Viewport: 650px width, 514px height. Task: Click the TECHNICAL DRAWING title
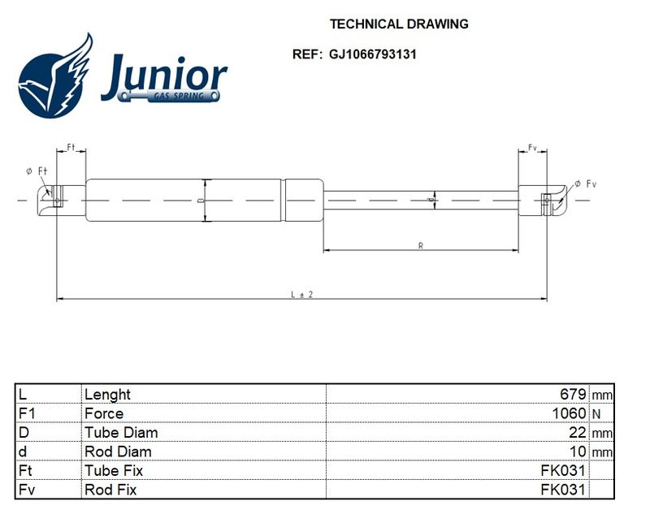point(399,24)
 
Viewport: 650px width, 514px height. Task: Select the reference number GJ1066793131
point(373,54)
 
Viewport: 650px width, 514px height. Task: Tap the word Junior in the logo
point(164,76)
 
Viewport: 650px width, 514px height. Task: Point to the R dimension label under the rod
point(421,245)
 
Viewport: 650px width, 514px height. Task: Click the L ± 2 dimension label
point(301,295)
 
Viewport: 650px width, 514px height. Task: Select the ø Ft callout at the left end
point(37,171)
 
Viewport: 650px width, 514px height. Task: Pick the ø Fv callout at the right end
point(585,184)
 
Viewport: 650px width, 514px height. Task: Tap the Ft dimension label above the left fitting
point(71,147)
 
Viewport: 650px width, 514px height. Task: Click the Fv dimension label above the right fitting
point(532,148)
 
